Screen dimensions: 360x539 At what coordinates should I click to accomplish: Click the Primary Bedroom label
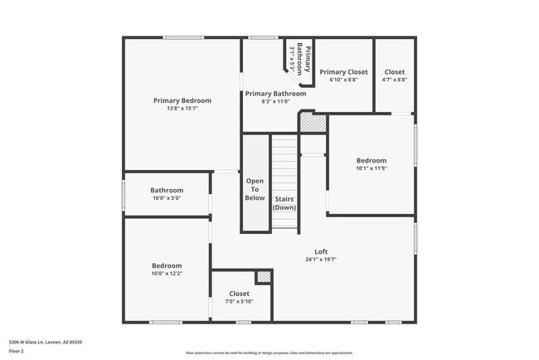pyautogui.click(x=182, y=100)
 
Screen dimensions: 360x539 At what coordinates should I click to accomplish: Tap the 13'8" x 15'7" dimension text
pyautogui.click(x=182, y=109)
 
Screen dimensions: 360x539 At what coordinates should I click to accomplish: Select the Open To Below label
pyautogui.click(x=255, y=189)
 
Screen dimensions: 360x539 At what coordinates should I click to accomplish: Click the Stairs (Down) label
pyautogui.click(x=284, y=203)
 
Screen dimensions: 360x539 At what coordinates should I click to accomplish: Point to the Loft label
pyautogui.click(x=321, y=251)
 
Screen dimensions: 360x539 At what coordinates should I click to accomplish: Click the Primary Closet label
pyautogui.click(x=343, y=72)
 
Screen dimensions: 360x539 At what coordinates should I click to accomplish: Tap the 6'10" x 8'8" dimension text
pyautogui.click(x=343, y=80)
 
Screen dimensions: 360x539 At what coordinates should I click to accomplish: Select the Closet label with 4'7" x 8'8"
pyautogui.click(x=395, y=72)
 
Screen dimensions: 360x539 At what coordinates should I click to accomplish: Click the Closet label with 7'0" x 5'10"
pyautogui.click(x=239, y=293)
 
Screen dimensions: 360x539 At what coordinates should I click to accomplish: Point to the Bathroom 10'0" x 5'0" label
pyautogui.click(x=166, y=190)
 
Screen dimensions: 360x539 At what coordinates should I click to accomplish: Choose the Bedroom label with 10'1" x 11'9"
pyautogui.click(x=371, y=161)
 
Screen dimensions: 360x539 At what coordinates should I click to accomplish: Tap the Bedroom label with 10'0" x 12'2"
pyautogui.click(x=166, y=265)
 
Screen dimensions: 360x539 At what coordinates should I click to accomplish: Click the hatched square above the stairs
pyautogui.click(x=313, y=121)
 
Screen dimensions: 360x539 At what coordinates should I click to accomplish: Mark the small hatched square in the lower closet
pyautogui.click(x=264, y=277)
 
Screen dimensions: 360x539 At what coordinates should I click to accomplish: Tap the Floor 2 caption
pyautogui.click(x=17, y=351)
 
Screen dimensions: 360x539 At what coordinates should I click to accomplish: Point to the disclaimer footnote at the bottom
pyautogui.click(x=269, y=353)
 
